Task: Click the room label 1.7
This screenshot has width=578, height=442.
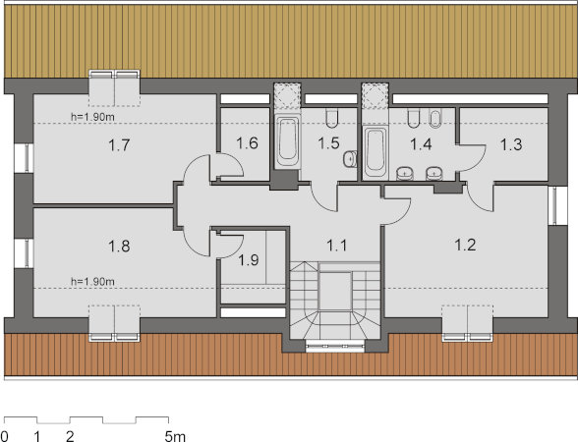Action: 119,144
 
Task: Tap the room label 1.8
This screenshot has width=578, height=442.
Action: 119,246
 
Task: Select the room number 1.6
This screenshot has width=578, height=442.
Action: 247,143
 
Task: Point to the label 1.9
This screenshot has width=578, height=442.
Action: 248,260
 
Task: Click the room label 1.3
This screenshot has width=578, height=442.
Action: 511,144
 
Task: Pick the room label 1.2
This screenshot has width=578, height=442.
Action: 465,245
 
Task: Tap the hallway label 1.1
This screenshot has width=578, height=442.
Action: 337,245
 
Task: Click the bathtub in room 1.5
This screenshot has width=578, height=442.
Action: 287,141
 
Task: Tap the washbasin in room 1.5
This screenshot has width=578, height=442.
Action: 350,159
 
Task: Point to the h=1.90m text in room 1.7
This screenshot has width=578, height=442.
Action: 92,117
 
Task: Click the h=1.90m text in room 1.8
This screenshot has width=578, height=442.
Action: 92,282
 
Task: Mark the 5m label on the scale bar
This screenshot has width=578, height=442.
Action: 175,436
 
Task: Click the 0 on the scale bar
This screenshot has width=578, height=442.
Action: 4,436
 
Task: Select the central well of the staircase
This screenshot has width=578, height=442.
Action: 334,291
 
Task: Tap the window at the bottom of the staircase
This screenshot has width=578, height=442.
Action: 335,346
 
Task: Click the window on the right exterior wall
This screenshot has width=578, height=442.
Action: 553,205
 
